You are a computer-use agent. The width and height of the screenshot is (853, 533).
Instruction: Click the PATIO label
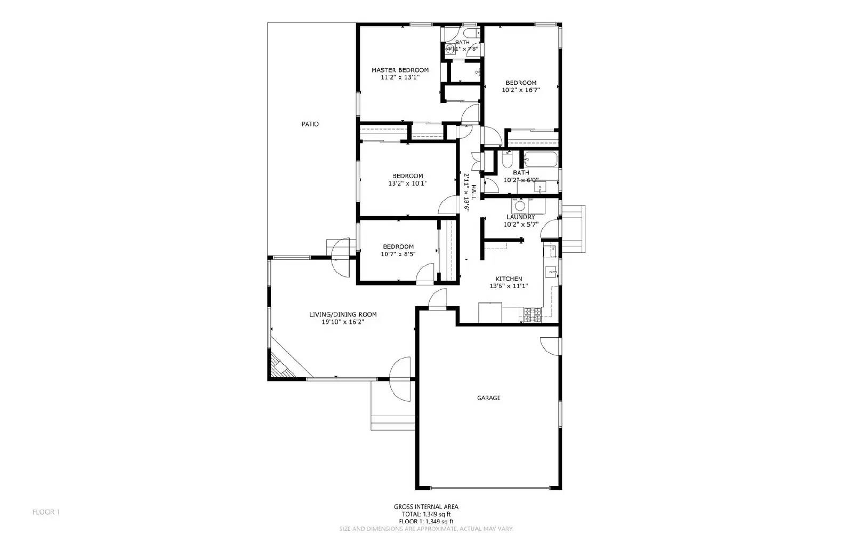(310, 124)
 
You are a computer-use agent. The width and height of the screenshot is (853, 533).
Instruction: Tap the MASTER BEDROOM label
(400, 70)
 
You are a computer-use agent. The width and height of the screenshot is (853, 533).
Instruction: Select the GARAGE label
(488, 398)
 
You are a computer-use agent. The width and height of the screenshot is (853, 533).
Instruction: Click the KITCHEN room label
(509, 279)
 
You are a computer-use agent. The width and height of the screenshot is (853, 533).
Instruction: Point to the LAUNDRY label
(520, 217)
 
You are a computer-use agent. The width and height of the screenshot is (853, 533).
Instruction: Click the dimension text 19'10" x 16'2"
(342, 322)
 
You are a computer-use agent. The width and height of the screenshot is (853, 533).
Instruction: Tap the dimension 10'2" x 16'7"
(521, 90)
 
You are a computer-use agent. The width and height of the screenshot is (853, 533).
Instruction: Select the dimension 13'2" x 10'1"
(407, 184)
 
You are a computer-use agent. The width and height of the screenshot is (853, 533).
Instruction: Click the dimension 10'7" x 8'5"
(398, 254)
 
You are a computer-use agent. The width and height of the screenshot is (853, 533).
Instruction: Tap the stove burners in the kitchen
(532, 315)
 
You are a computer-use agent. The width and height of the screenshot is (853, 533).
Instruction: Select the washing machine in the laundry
(520, 205)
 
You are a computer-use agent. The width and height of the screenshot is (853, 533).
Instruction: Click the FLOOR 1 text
(46, 512)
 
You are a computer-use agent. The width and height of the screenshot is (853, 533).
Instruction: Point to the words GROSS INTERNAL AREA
(425, 507)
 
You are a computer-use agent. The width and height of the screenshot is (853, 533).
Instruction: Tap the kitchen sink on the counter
(551, 272)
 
